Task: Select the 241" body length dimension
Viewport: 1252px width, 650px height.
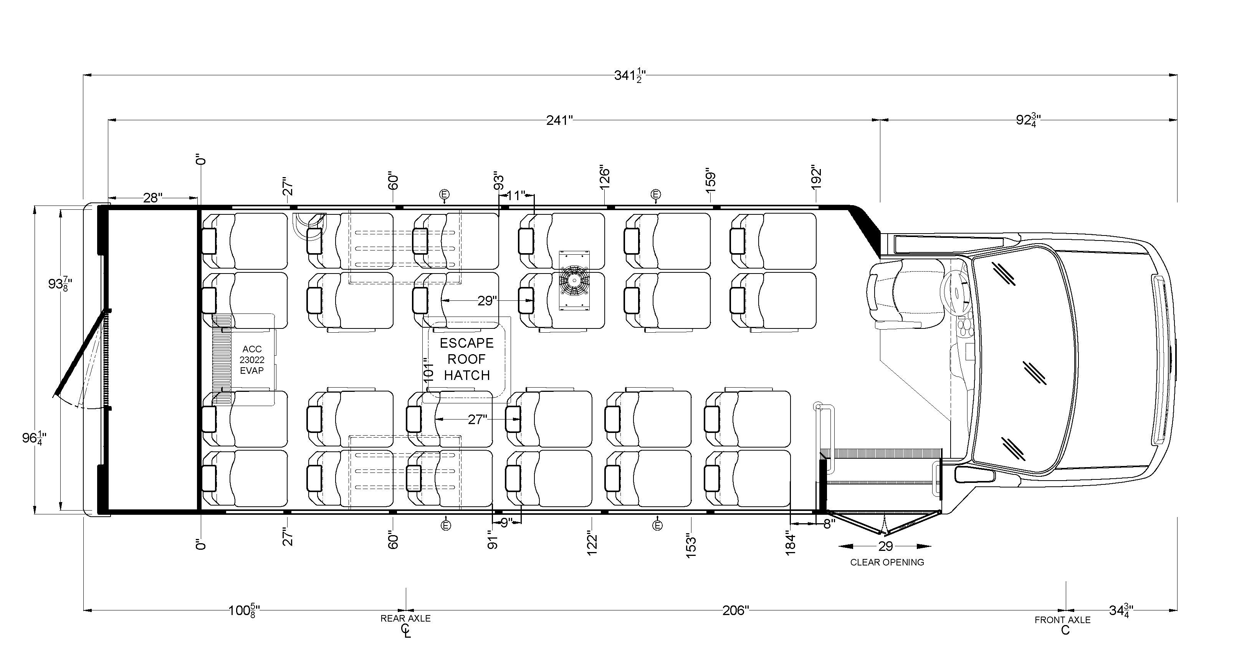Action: point(559,120)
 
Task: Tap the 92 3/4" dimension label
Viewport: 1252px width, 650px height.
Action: point(1028,120)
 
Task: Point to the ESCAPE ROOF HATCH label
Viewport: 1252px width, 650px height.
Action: point(466,359)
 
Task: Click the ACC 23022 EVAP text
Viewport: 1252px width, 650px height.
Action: point(252,360)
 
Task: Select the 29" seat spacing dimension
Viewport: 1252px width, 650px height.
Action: point(486,301)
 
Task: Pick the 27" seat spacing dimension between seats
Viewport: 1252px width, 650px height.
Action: point(477,420)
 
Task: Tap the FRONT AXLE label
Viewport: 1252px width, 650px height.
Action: point(1062,620)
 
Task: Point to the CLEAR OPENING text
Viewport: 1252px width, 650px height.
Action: point(886,562)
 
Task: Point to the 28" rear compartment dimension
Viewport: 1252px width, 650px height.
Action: point(152,197)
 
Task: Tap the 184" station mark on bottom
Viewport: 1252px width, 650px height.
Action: point(790,544)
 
